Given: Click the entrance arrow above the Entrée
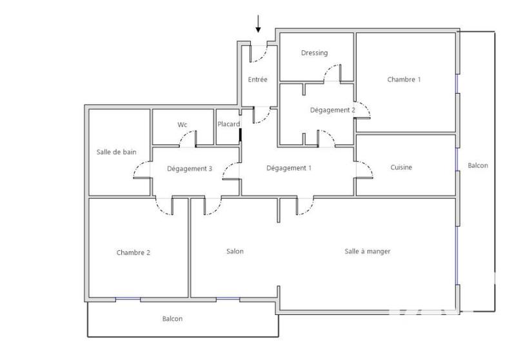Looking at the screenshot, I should tap(259, 23).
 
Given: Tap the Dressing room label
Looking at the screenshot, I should tap(314, 53).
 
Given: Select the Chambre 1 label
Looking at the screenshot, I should tap(404, 80).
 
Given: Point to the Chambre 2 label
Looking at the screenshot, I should tap(134, 252).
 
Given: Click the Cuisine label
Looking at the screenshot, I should tap(401, 168).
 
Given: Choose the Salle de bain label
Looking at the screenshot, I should tap(116, 152).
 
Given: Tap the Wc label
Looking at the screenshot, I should tap(182, 125).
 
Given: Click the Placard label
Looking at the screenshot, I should tap(229, 125).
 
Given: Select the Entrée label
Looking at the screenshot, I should tap(258, 80).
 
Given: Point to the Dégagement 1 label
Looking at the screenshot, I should tap(289, 168).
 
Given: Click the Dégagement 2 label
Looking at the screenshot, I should tap(332, 110).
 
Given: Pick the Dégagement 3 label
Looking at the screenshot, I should tap(190, 169).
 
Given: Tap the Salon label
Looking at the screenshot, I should tap(235, 252).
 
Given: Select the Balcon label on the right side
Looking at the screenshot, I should tap(478, 166).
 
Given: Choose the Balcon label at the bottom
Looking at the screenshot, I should tap(172, 319).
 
